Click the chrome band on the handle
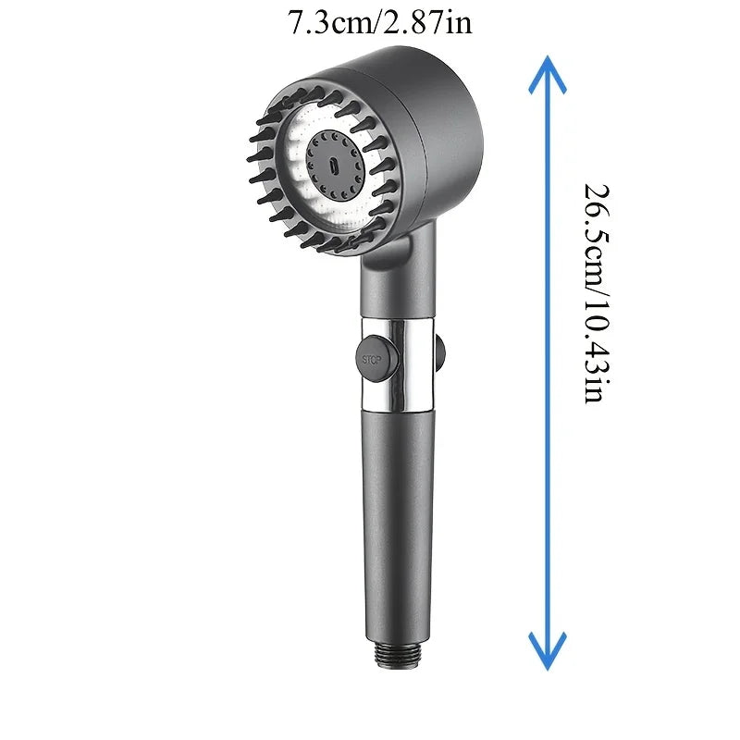click(398, 364)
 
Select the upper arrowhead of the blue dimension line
click(548, 75)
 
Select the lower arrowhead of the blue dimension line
click(548, 651)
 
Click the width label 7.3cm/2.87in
click(380, 21)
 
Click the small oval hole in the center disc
click(334, 166)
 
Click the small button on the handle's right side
click(440, 351)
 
